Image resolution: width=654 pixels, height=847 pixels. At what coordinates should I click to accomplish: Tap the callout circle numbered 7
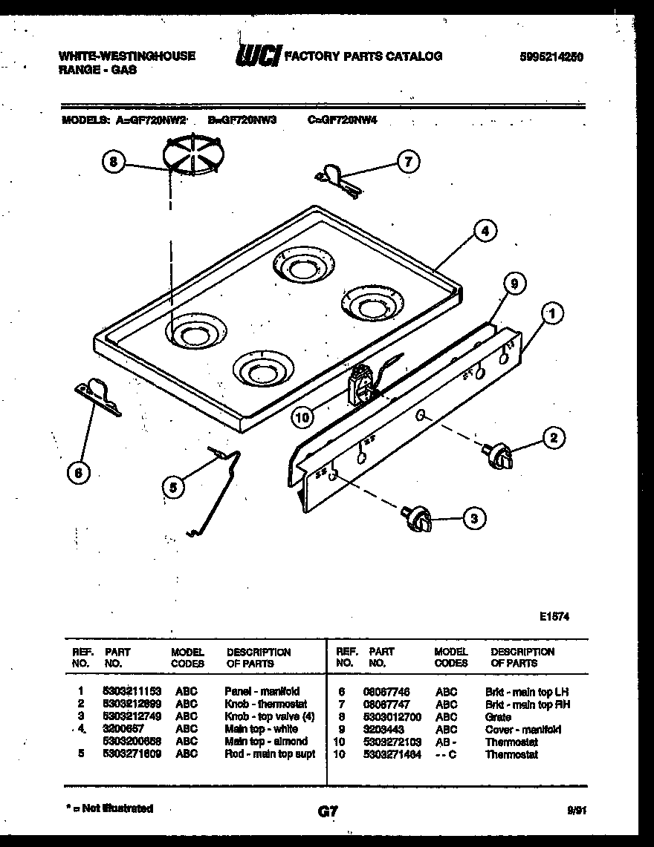coord(407,161)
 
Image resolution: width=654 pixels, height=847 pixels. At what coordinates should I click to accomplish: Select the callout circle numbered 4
coord(485,231)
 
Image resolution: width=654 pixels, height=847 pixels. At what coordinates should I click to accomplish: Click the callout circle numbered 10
coord(301,418)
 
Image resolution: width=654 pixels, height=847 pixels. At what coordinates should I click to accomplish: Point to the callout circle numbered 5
coord(173,487)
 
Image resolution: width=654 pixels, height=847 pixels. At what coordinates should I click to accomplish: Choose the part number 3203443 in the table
coord(383,730)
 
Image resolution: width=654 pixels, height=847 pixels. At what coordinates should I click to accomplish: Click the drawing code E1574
coord(554,616)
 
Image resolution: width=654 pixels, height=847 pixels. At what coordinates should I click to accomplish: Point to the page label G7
coord(326,812)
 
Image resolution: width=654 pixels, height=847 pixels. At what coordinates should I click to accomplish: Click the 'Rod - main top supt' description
coord(270,754)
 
